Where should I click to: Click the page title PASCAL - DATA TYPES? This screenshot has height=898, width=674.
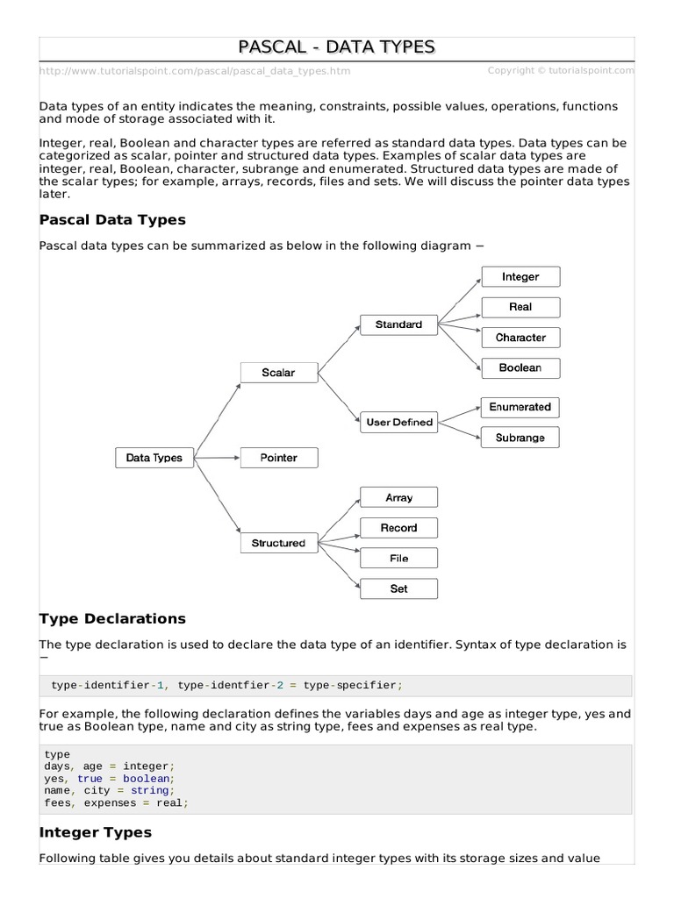pos(337,47)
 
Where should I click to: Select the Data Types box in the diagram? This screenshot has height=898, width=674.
pos(154,458)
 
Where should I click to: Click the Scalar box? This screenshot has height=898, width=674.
pos(278,373)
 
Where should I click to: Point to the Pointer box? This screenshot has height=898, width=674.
pos(278,458)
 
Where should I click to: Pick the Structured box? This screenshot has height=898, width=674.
pos(278,543)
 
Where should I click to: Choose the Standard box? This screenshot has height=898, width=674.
pos(398,324)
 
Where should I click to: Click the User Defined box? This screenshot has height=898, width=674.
pos(398,422)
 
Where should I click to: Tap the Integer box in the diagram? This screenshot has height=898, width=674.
pos(520,277)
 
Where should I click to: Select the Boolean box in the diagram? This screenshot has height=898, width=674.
pos(520,368)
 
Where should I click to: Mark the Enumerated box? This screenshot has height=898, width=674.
pos(520,407)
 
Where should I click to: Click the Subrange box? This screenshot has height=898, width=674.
pos(520,438)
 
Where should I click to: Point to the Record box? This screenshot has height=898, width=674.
pos(398,528)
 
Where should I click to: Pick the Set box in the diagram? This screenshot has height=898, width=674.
pos(398,589)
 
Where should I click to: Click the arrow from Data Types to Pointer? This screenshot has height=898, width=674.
pos(217,458)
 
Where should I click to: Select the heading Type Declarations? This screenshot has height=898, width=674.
pos(112,618)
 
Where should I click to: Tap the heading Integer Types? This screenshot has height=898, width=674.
pos(96,832)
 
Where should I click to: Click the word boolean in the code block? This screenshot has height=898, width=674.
pos(147,778)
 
